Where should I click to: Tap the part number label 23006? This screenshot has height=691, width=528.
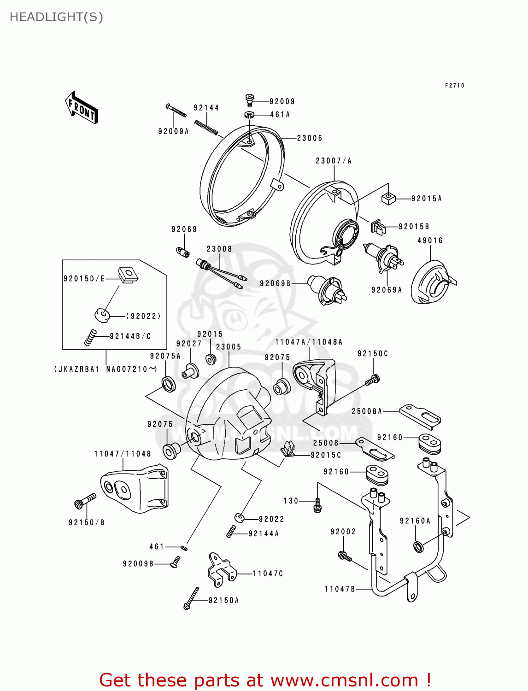[310, 138]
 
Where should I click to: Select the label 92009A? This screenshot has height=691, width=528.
[173, 131]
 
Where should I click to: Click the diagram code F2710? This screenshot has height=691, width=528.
[455, 86]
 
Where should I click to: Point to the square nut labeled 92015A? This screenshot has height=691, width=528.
[388, 199]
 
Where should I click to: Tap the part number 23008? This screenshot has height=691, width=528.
[219, 249]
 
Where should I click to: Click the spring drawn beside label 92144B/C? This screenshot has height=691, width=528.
[90, 337]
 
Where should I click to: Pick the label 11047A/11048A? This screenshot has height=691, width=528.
[309, 342]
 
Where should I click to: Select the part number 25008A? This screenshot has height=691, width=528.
[367, 411]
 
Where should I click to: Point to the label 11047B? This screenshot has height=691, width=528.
[340, 589]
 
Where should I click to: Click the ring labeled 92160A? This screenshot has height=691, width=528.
[418, 547]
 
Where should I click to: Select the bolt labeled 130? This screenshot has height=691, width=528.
[317, 505]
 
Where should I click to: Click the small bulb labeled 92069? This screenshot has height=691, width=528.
[182, 252]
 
